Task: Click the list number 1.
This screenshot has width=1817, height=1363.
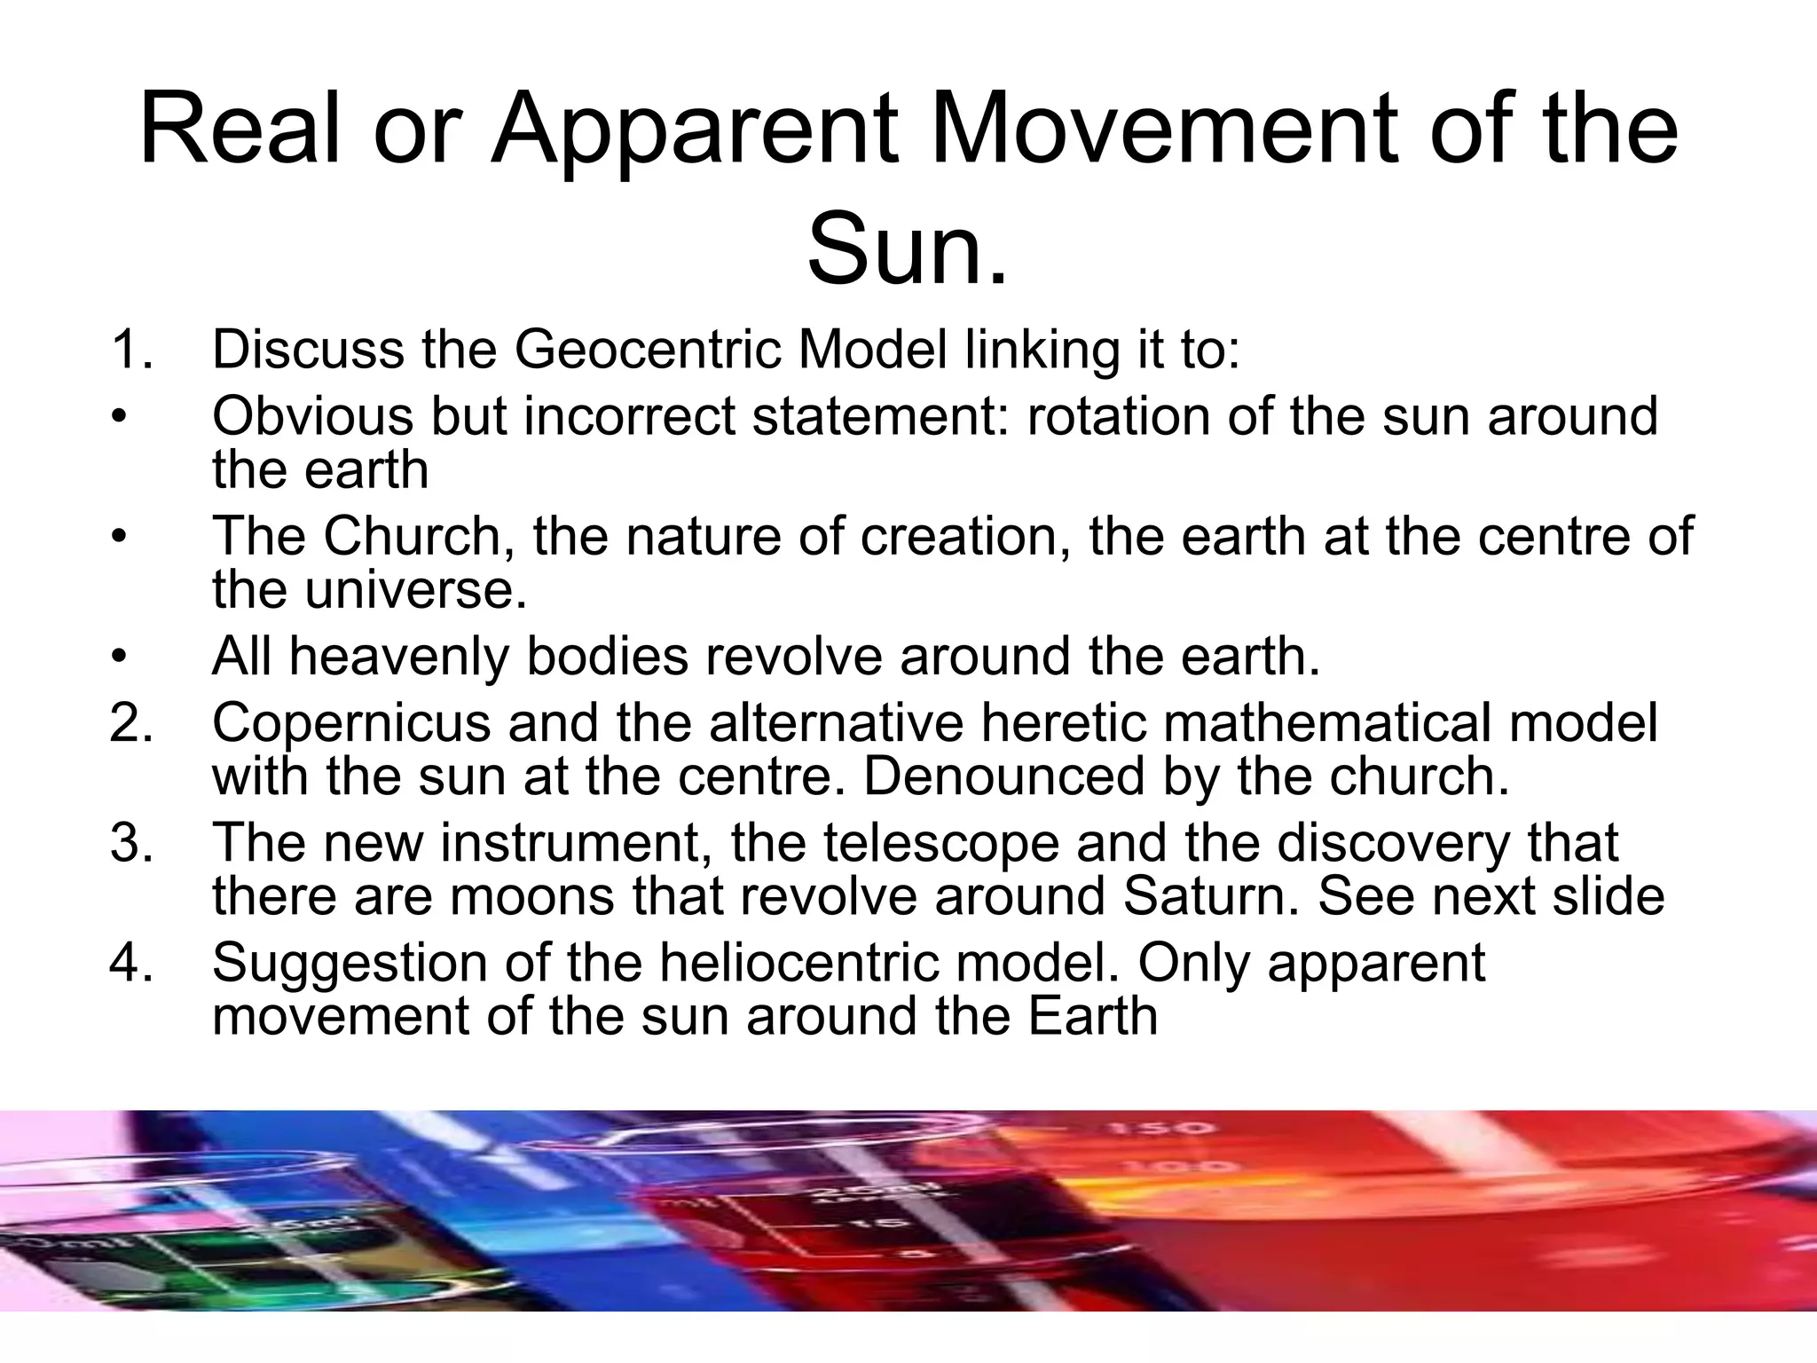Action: [130, 349]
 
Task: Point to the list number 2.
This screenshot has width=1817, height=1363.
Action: [130, 722]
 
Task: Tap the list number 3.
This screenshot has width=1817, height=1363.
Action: [130, 842]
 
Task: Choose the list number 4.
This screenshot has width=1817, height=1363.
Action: [130, 962]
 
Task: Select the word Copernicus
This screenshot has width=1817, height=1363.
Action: [351, 724]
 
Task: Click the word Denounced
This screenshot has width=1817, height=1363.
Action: [1003, 776]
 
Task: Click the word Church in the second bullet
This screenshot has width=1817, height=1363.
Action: [413, 536]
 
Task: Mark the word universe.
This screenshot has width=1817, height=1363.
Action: [416, 590]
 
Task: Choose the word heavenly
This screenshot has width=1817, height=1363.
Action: [398, 658]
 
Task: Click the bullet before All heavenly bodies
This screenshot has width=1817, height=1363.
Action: [120, 658]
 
